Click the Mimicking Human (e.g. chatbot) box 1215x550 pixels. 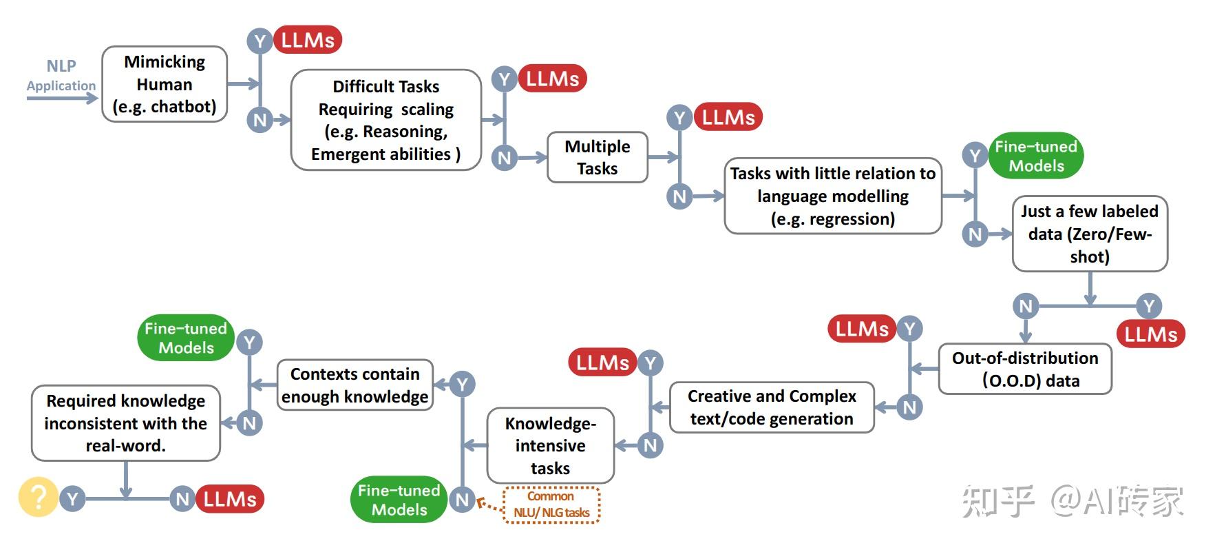tap(165, 84)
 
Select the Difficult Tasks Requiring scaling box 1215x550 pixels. tap(385, 120)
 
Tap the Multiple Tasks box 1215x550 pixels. tap(597, 157)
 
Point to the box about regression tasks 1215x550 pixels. tap(832, 196)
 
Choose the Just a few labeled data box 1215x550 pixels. tap(1089, 234)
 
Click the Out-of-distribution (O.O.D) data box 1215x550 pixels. tap(1024, 369)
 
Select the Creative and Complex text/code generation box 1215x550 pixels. tap(771, 407)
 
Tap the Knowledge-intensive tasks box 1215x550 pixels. tap(550, 445)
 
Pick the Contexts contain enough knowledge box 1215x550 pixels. tap(355, 385)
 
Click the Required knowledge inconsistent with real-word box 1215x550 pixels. tap(125, 422)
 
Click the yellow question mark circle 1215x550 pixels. tap(38, 497)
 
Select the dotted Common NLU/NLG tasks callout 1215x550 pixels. tap(551, 505)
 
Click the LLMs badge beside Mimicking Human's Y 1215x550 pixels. tap(308, 40)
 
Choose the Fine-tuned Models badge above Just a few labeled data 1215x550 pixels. tap(1035, 156)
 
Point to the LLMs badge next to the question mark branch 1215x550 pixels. tap(230, 499)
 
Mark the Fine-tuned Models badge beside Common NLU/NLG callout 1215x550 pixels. tap(399, 500)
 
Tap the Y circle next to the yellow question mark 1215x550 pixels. tap(72, 499)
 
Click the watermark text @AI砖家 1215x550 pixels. tap(1117, 501)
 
